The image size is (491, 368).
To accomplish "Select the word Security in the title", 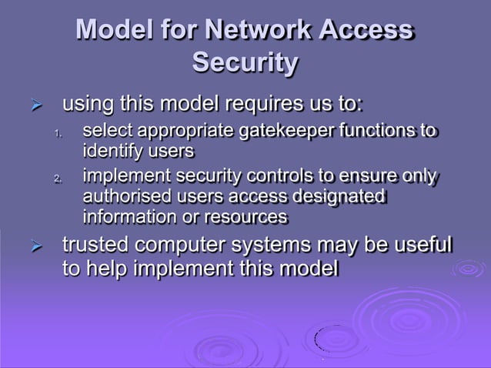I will (x=245, y=62).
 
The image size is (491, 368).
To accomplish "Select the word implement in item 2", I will (x=125, y=179).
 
